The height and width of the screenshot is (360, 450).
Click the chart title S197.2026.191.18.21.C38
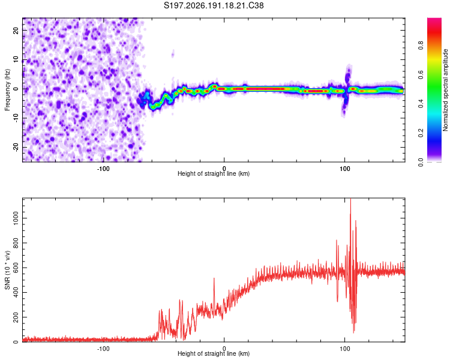pyautogui.click(x=214, y=5)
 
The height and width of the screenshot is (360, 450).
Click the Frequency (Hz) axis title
pyautogui.click(x=7, y=90)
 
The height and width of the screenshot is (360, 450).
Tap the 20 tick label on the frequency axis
pyautogui.click(x=16, y=30)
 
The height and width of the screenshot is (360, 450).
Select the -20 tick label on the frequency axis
pyautogui.click(x=16, y=148)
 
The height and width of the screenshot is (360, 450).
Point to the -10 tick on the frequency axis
pyautogui.click(x=16, y=118)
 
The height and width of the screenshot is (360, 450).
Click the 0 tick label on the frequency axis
pyautogui.click(x=16, y=89)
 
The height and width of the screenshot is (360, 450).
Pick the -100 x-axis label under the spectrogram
pyautogui.click(x=103, y=169)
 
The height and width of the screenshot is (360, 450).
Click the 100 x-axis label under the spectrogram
pyautogui.click(x=344, y=169)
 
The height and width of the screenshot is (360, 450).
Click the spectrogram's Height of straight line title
pyautogui.click(x=214, y=173)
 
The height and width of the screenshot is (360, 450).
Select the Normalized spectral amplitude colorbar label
pyautogui.click(x=445, y=90)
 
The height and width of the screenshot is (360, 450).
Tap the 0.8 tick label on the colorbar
pyautogui.click(x=421, y=46)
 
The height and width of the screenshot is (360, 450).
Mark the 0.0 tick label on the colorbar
pyautogui.click(x=421, y=162)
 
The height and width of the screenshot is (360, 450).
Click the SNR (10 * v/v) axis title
pyautogui.click(x=7, y=270)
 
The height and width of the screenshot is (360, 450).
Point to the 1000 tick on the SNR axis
pyautogui.click(x=16, y=218)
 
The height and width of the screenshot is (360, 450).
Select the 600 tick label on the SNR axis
pyautogui.click(x=16, y=268)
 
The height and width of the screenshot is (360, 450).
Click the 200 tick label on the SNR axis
pyautogui.click(x=16, y=317)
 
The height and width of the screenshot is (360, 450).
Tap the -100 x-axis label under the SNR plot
pyautogui.click(x=103, y=349)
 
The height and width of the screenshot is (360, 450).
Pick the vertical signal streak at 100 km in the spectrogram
pyautogui.click(x=346, y=91)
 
